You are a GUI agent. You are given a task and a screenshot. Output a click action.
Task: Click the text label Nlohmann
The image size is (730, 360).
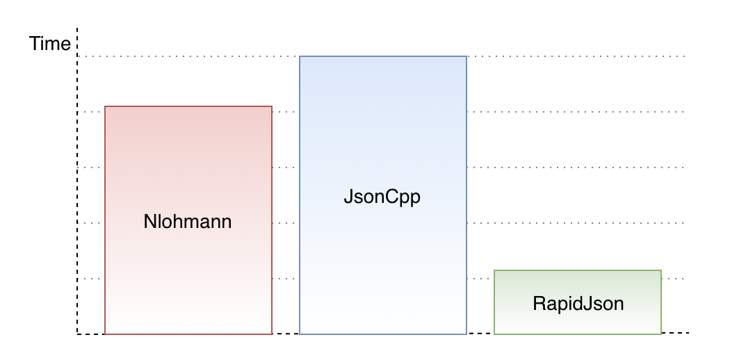(187, 222)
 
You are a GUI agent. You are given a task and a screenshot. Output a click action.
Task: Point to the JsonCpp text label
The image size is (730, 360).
(382, 197)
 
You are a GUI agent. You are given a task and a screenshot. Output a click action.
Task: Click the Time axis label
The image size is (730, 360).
(49, 44)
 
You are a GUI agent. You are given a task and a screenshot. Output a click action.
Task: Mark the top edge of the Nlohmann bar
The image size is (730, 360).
(188, 106)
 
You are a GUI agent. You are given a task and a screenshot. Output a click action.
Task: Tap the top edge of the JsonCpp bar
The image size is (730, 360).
(382, 56)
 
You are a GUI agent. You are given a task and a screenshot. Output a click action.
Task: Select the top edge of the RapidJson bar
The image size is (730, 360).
(577, 270)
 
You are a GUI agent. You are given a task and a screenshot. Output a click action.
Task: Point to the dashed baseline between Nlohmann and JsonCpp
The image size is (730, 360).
(285, 334)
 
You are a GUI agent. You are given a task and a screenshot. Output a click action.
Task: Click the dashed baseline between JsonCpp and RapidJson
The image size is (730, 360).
(480, 334)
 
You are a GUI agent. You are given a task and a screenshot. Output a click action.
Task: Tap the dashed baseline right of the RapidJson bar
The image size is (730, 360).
(676, 333)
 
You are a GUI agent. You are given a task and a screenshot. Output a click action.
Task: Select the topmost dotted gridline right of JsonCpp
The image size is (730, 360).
(577, 56)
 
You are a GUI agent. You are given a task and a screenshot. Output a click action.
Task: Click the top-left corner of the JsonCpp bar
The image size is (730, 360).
(300, 56)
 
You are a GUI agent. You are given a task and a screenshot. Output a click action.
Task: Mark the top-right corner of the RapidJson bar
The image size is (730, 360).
(661, 270)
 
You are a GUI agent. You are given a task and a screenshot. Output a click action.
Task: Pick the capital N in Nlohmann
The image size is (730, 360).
(149, 222)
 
